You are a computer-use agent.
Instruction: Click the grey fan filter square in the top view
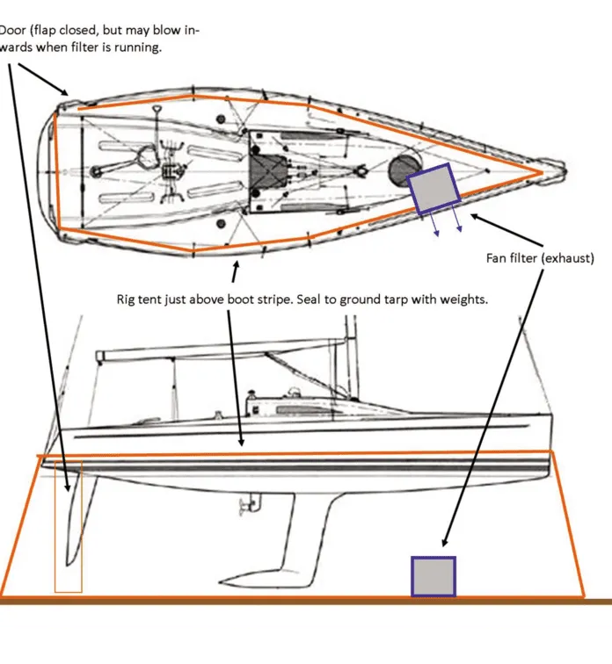(433, 189)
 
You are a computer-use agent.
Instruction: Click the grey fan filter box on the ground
(433, 576)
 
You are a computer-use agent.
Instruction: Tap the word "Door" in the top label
(12, 31)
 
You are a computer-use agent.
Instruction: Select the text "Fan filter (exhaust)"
(540, 258)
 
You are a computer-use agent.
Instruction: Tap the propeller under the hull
(249, 504)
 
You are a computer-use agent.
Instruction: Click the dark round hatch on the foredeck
(403, 170)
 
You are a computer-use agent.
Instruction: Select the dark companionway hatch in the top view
(268, 172)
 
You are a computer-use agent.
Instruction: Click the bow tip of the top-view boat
(565, 172)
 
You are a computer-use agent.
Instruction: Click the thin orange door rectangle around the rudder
(69, 526)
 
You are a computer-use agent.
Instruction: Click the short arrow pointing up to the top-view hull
(235, 271)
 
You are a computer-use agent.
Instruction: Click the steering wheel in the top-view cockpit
(147, 155)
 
